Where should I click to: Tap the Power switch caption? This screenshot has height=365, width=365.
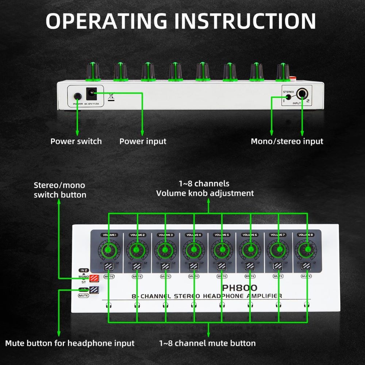76,141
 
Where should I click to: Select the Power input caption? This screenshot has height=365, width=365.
143,141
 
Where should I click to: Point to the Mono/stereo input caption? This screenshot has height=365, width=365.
287,141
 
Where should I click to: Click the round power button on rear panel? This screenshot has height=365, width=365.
77,96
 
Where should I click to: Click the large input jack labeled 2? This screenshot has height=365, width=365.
302,94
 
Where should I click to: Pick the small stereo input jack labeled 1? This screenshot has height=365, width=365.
288,97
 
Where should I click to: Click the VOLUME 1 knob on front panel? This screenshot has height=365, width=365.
108,250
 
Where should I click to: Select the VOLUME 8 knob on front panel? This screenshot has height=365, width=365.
306,250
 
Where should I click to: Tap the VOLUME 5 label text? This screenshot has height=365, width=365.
222,235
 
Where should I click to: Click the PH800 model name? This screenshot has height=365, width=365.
239,288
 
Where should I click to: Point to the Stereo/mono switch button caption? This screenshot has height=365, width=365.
60,190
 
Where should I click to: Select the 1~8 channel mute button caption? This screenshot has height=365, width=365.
207,343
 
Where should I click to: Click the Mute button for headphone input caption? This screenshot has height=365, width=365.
70,343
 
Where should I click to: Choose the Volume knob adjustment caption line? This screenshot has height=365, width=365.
205,193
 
